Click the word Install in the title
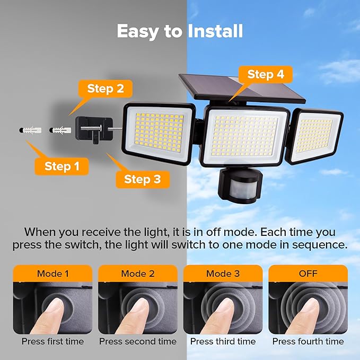tap(215, 31)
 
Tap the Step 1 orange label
tap(62, 166)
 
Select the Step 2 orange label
tap(105, 89)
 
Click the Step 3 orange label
tap(142, 179)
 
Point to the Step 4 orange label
tap(266, 75)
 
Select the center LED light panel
tap(246, 136)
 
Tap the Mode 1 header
tap(52, 274)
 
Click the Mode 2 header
tap(137, 274)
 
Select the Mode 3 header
tap(222, 274)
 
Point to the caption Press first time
tap(52, 341)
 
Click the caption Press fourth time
tap(308, 341)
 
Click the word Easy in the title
tap(139, 31)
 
